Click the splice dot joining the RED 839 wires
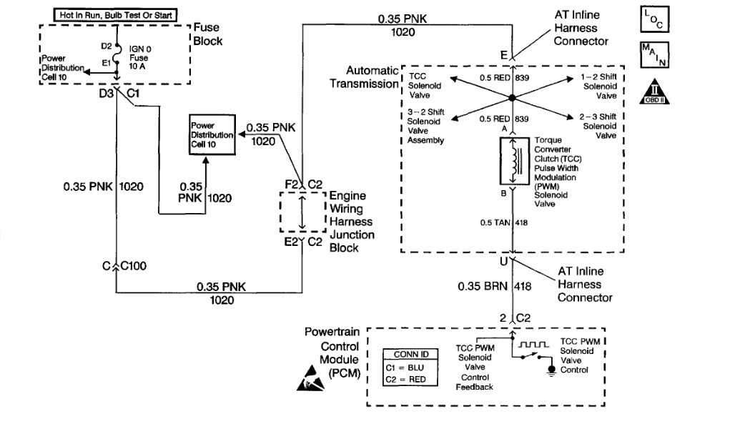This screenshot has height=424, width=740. [512, 98]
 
